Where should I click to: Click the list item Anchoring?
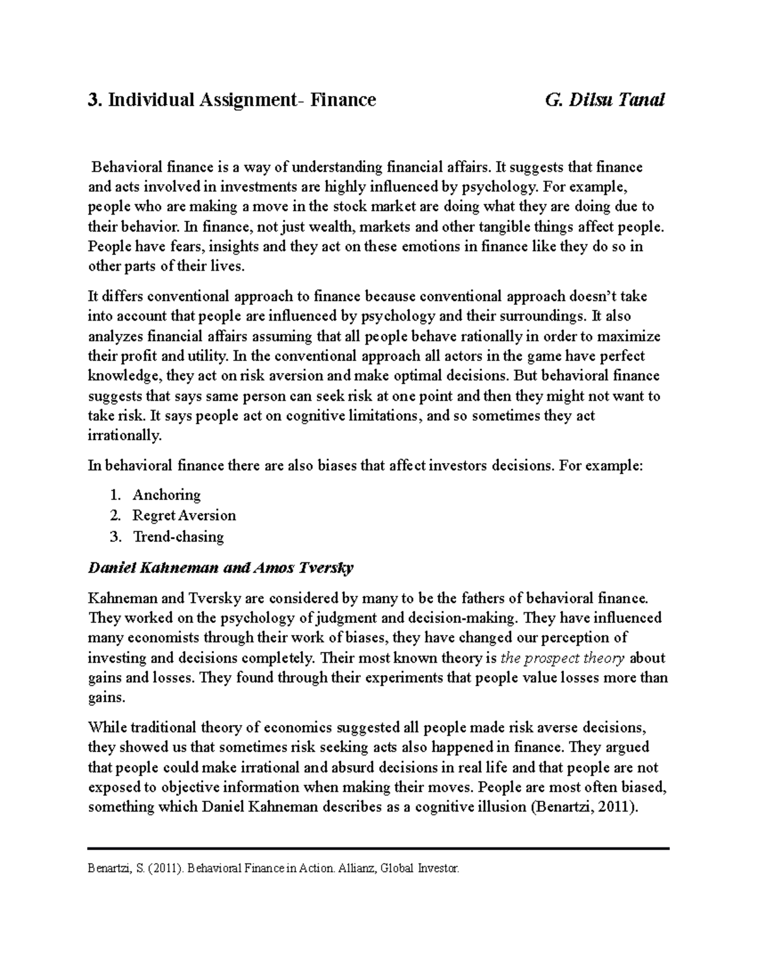(x=167, y=495)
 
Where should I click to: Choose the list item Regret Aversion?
(x=184, y=516)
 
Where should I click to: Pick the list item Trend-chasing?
(x=178, y=537)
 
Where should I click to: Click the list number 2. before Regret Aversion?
(x=114, y=516)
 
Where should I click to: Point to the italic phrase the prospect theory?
(x=562, y=658)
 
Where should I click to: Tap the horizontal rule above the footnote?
(x=378, y=849)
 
